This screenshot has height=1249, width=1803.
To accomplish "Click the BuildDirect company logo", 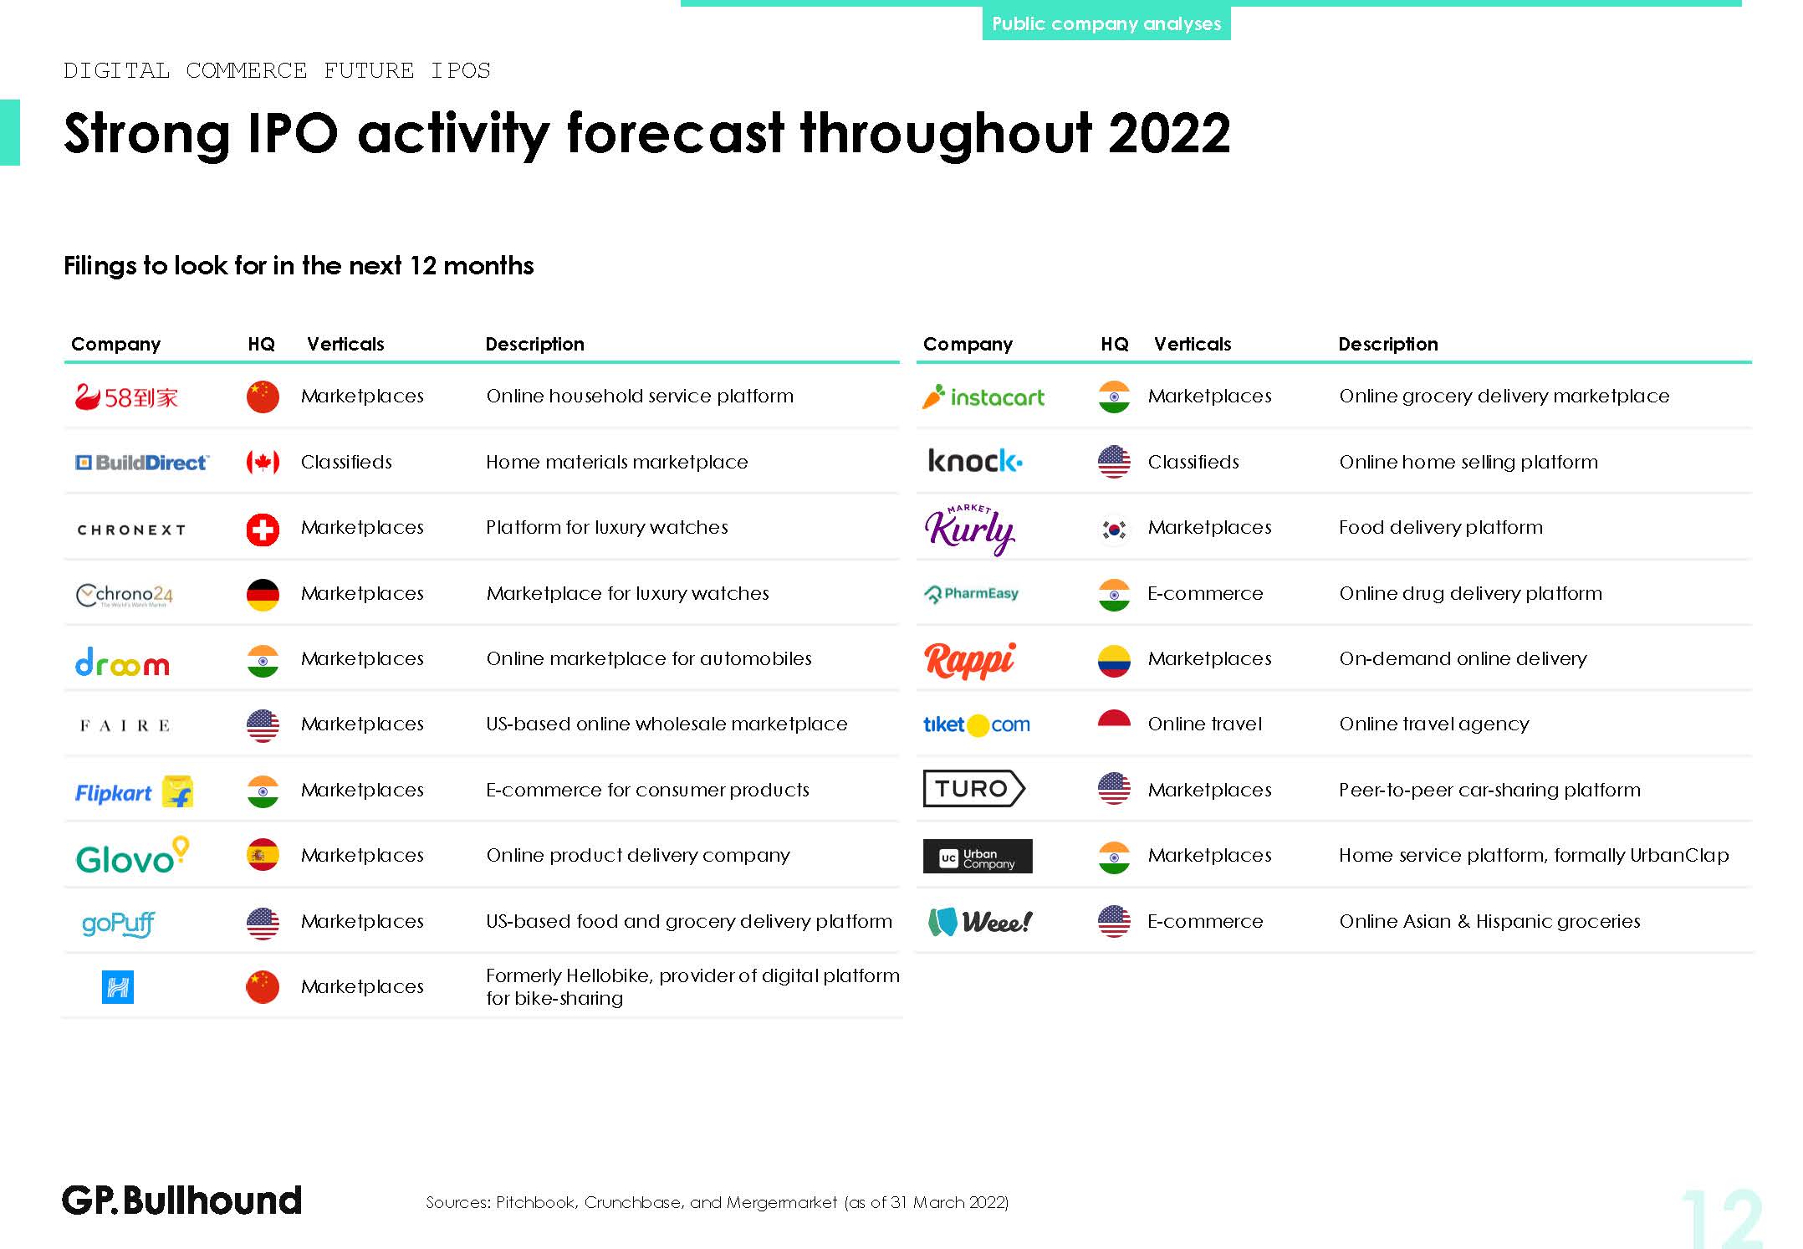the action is click(x=142, y=463).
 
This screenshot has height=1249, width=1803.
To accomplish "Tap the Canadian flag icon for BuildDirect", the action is click(x=263, y=462).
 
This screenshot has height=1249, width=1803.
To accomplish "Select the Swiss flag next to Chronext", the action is click(x=263, y=529).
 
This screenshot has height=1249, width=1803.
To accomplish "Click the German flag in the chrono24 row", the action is click(x=263, y=594).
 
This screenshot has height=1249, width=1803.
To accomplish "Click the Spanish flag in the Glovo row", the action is click(x=263, y=855).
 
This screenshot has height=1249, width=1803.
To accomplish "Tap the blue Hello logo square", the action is click(x=118, y=987).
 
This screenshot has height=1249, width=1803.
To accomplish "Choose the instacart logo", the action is click(x=983, y=397).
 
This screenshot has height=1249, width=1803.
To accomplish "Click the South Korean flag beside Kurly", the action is click(x=1114, y=529).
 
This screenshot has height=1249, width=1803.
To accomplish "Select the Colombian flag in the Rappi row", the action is click(x=1114, y=660).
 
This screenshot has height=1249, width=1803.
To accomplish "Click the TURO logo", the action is click(x=974, y=788).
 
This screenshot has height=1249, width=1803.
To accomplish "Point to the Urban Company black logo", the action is click(x=978, y=856).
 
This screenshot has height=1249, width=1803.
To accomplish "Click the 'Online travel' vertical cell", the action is click(x=1204, y=724).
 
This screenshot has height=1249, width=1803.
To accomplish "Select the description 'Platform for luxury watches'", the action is click(x=607, y=527).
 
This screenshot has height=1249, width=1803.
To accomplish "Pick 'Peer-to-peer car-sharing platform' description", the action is click(x=1489, y=790).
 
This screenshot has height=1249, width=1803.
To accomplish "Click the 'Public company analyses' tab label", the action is click(x=1106, y=23).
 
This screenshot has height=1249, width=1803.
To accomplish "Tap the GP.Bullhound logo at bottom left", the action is click(x=181, y=1200).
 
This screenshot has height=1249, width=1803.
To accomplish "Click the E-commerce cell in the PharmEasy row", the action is click(x=1205, y=593).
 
